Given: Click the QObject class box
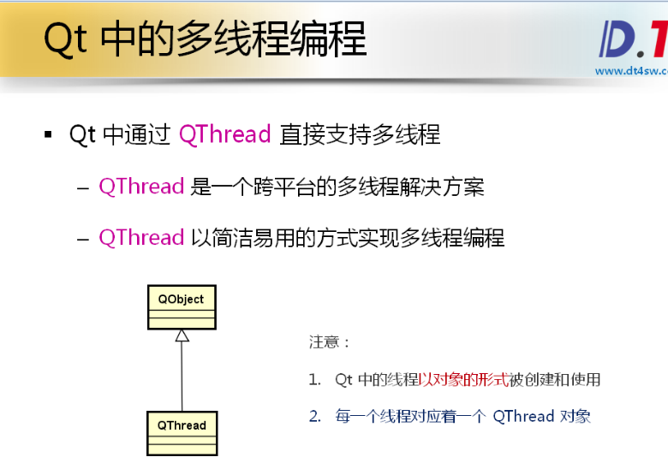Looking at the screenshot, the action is click(182, 307).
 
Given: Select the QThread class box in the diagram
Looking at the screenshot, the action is click(182, 434).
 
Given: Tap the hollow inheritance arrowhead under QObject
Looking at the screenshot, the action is click(182, 335).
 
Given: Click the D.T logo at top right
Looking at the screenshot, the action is click(634, 39).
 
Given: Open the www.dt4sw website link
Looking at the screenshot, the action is click(631, 71).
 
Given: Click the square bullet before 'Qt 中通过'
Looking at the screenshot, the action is click(48, 135).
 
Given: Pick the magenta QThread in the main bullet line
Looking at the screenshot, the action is click(225, 134).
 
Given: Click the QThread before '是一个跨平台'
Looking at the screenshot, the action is click(141, 187).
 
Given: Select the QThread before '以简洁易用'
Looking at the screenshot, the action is click(141, 237).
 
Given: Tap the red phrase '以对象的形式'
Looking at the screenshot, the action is click(463, 379).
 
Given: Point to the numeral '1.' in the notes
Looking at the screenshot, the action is click(315, 379).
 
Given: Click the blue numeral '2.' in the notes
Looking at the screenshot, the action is click(315, 416).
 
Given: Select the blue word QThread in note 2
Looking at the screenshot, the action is click(523, 416).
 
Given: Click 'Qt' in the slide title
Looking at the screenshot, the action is click(66, 39).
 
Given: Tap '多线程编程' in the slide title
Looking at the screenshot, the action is click(271, 39).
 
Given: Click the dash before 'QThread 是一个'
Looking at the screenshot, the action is click(83, 187).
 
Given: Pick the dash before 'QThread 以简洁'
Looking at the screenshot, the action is click(83, 239).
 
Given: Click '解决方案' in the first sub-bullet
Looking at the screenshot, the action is click(442, 187).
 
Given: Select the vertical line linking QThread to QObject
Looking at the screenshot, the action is click(182, 377).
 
